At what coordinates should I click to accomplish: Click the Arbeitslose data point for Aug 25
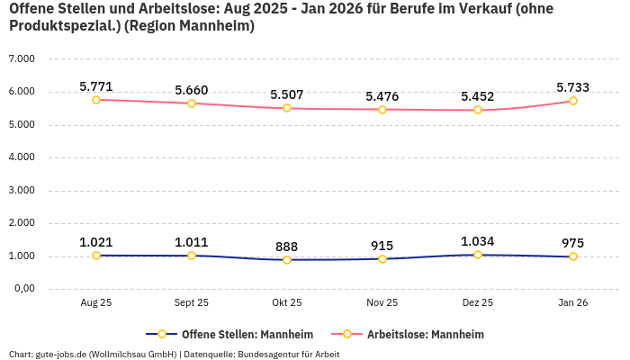96,99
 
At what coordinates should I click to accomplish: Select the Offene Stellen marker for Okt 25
287,260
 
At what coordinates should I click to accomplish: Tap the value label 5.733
573,87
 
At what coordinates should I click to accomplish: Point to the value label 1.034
478,241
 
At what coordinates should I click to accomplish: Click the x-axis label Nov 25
382,303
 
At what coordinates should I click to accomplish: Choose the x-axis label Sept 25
192,303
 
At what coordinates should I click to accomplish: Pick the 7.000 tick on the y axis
21,58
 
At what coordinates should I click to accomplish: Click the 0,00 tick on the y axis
22,289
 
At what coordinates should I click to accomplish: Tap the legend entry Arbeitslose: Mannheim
425,334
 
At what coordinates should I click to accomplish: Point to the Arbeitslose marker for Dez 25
478,110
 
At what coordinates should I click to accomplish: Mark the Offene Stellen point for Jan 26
573,256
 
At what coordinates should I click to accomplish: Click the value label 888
287,247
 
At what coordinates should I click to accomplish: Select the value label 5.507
287,94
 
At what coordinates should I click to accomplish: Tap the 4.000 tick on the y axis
21,157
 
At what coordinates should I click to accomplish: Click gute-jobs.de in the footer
60,354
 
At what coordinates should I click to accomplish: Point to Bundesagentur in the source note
282,354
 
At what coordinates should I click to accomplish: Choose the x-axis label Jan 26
573,303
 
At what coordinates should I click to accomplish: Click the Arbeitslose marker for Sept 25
192,103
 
